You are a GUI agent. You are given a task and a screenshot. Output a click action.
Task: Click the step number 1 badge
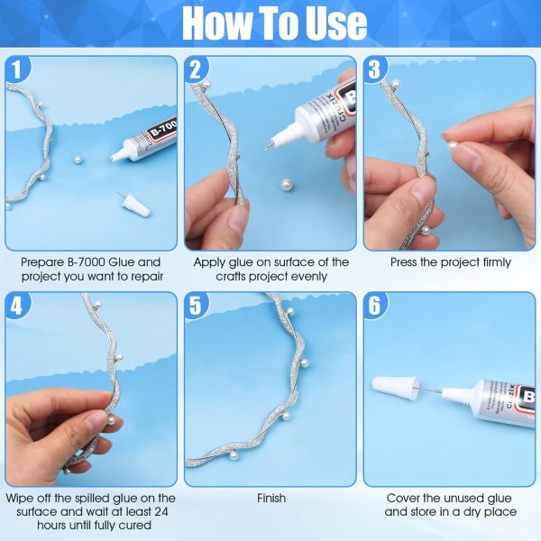18,69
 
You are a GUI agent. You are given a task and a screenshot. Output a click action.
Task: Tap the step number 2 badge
197,69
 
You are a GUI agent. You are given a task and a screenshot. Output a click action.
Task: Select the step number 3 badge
377,69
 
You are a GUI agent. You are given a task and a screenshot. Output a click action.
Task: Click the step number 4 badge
18,305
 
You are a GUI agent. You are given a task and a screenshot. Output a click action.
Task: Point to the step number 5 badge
197,305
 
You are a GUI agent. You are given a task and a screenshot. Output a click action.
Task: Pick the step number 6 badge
377,305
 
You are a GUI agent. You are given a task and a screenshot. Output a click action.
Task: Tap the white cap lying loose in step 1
134,202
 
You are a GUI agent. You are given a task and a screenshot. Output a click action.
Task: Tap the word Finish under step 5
270,498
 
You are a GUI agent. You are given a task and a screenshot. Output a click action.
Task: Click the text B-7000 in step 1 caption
72,262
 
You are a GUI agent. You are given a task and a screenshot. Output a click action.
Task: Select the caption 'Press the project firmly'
450,262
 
